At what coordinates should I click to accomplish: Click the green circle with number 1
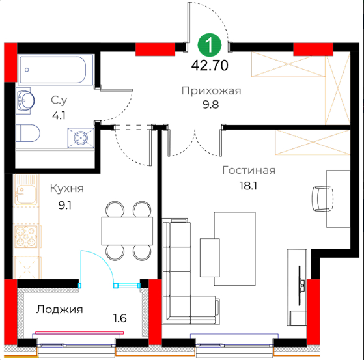click(x=210, y=46)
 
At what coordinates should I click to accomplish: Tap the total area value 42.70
click(x=210, y=66)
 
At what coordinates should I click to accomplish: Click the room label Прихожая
click(x=211, y=90)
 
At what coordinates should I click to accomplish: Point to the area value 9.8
click(x=210, y=105)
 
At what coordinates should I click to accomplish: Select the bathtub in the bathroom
click(x=55, y=70)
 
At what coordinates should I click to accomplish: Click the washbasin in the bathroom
click(x=25, y=101)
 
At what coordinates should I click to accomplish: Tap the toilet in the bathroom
click(x=27, y=133)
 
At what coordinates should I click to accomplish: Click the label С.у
click(x=59, y=100)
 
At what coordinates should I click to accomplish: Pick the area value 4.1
click(x=59, y=115)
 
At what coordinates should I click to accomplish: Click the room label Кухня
click(x=67, y=189)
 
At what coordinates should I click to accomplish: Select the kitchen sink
click(x=26, y=189)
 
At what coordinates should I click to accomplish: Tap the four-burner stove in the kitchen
click(x=26, y=236)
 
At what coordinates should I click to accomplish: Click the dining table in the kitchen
click(x=127, y=231)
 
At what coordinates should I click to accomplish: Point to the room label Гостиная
click(x=249, y=171)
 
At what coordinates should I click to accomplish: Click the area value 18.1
click(x=248, y=186)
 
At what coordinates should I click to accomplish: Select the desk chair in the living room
click(x=322, y=199)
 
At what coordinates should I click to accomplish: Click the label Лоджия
click(x=60, y=310)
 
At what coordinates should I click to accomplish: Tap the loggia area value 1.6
click(x=120, y=318)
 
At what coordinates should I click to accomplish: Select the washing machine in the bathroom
click(x=81, y=137)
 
